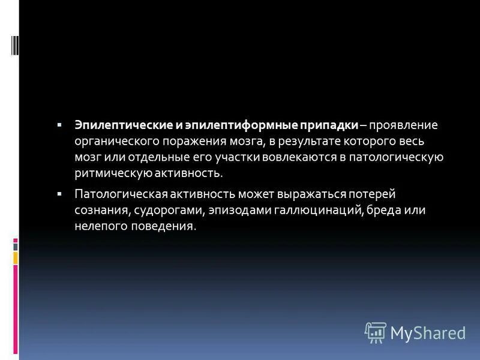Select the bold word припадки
(x=329, y=125)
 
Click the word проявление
(x=403, y=125)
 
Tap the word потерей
(x=373, y=195)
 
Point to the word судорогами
(x=169, y=211)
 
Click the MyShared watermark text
(x=428, y=332)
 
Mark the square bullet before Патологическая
(x=60, y=195)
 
